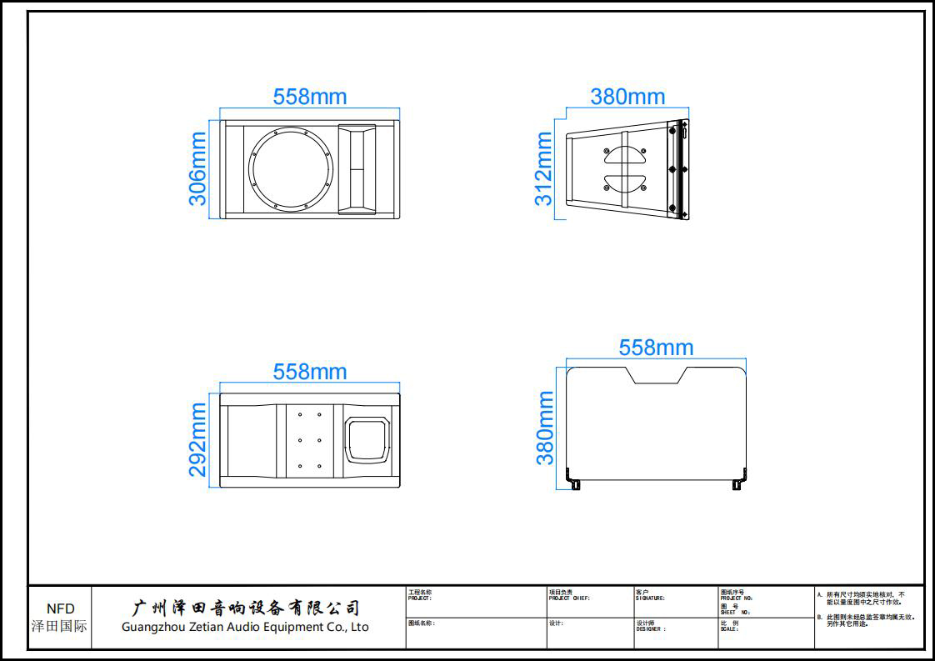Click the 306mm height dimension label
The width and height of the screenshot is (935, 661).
(198, 168)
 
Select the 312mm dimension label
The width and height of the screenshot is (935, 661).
(543, 168)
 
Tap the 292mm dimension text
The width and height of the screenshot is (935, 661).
(198, 439)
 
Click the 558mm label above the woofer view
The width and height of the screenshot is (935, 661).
(310, 97)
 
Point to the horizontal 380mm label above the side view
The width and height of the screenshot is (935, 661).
(627, 97)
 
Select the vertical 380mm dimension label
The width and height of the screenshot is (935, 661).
(545, 428)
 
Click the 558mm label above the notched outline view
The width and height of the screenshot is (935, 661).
(656, 348)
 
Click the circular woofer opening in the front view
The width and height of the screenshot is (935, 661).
(291, 169)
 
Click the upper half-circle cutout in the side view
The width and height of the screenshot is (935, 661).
(625, 156)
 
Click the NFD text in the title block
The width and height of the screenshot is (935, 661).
(60, 609)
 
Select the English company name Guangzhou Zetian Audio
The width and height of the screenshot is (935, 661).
(245, 627)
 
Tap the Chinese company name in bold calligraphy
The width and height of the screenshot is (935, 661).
(247, 608)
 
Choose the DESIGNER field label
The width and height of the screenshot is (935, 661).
(651, 629)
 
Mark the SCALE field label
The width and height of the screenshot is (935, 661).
(729, 629)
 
